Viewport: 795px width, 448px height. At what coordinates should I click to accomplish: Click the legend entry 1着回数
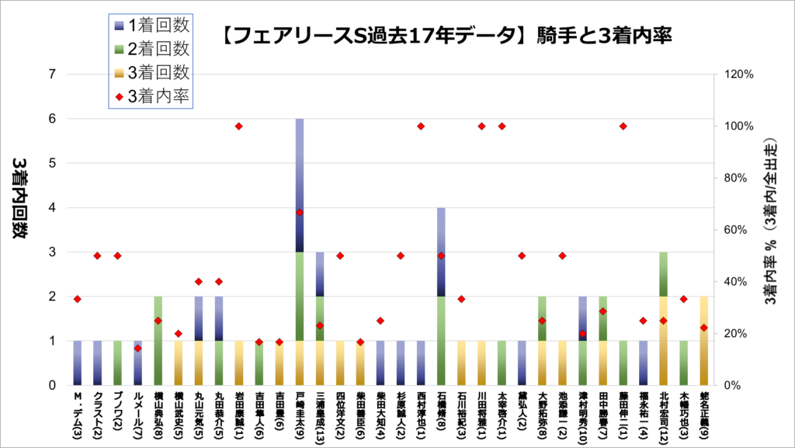(x=151, y=25)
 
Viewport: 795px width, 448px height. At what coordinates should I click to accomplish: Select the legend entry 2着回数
(x=151, y=48)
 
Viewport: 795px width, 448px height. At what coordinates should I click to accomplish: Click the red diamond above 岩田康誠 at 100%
(x=239, y=127)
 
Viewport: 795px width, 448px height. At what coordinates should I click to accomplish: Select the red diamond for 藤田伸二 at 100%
(x=623, y=127)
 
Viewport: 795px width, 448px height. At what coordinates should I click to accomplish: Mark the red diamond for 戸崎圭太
(x=300, y=213)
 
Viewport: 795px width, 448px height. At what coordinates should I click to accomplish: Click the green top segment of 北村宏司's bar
(x=663, y=274)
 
